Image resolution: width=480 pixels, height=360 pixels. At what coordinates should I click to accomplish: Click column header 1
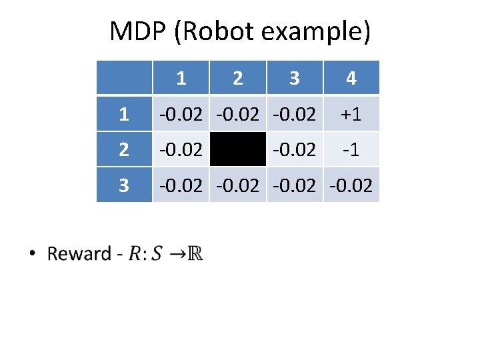pyautogui.click(x=181, y=78)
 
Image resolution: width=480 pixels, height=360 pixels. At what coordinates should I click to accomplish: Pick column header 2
pyautogui.click(x=238, y=78)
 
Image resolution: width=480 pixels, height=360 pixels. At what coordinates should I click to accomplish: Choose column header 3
pyautogui.click(x=295, y=78)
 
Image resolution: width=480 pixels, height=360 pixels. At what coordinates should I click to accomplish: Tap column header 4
pyautogui.click(x=351, y=78)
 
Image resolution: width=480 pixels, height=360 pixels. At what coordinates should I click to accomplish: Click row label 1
pyautogui.click(x=124, y=114)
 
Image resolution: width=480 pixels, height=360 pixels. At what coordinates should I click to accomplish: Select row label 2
pyautogui.click(x=124, y=149)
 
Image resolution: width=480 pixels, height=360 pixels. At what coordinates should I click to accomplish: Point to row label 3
pyautogui.click(x=124, y=185)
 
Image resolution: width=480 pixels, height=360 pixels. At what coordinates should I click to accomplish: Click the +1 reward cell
pyautogui.click(x=351, y=114)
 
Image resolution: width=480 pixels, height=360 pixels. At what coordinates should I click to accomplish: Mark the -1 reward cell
pyautogui.click(x=351, y=149)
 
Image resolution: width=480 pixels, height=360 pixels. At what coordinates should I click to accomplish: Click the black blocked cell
pyautogui.click(x=238, y=149)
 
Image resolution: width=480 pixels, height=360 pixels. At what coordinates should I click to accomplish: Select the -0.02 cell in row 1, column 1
pyautogui.click(x=181, y=114)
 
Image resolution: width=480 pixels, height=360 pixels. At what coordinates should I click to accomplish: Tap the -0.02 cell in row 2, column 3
pyautogui.click(x=295, y=149)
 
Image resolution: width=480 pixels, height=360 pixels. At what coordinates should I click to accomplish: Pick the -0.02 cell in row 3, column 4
pyautogui.click(x=351, y=185)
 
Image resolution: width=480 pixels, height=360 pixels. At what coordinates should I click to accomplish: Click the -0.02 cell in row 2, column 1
pyautogui.click(x=181, y=149)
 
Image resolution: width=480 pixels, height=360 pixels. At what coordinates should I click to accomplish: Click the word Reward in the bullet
pyautogui.click(x=79, y=254)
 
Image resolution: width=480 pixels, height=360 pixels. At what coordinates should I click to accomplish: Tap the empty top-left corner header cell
pyautogui.click(x=124, y=78)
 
